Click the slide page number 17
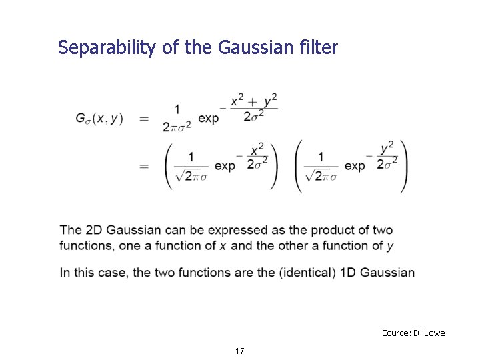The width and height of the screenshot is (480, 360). [239, 351]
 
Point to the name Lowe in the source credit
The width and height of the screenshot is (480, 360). [434, 333]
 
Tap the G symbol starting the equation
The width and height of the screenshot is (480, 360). [81, 118]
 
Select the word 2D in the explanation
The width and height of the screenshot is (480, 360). [94, 230]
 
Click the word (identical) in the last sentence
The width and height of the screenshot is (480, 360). [321, 272]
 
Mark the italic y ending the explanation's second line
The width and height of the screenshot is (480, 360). [390, 247]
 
